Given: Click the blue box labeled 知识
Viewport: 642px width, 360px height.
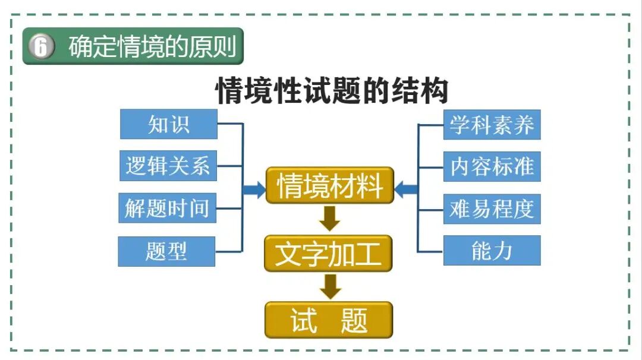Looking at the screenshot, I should click(x=169, y=124).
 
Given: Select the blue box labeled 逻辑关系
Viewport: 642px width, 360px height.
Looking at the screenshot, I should click(x=168, y=166).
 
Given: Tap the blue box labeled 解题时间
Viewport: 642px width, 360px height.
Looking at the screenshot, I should click(x=167, y=208).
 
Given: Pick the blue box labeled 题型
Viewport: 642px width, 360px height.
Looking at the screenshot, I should click(x=166, y=251).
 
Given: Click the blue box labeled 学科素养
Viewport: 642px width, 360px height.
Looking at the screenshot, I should click(x=492, y=125).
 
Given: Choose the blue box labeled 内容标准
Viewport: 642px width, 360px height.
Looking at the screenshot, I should click(x=492, y=166).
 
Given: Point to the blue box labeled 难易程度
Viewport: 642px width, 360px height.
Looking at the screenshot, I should click(x=492, y=209).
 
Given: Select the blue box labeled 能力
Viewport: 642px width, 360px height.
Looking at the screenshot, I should click(x=492, y=251).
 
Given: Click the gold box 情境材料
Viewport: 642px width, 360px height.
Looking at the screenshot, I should click(x=330, y=186).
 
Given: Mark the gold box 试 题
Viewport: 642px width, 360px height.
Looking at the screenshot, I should click(x=329, y=320).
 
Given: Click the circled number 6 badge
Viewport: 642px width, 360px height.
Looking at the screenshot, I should click(x=40, y=46).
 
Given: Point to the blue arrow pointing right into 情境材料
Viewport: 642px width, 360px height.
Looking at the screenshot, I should click(x=254, y=190).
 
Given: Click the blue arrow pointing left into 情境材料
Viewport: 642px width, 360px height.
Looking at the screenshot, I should click(x=407, y=190).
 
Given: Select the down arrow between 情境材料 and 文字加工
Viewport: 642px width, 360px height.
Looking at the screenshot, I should click(x=330, y=219).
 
